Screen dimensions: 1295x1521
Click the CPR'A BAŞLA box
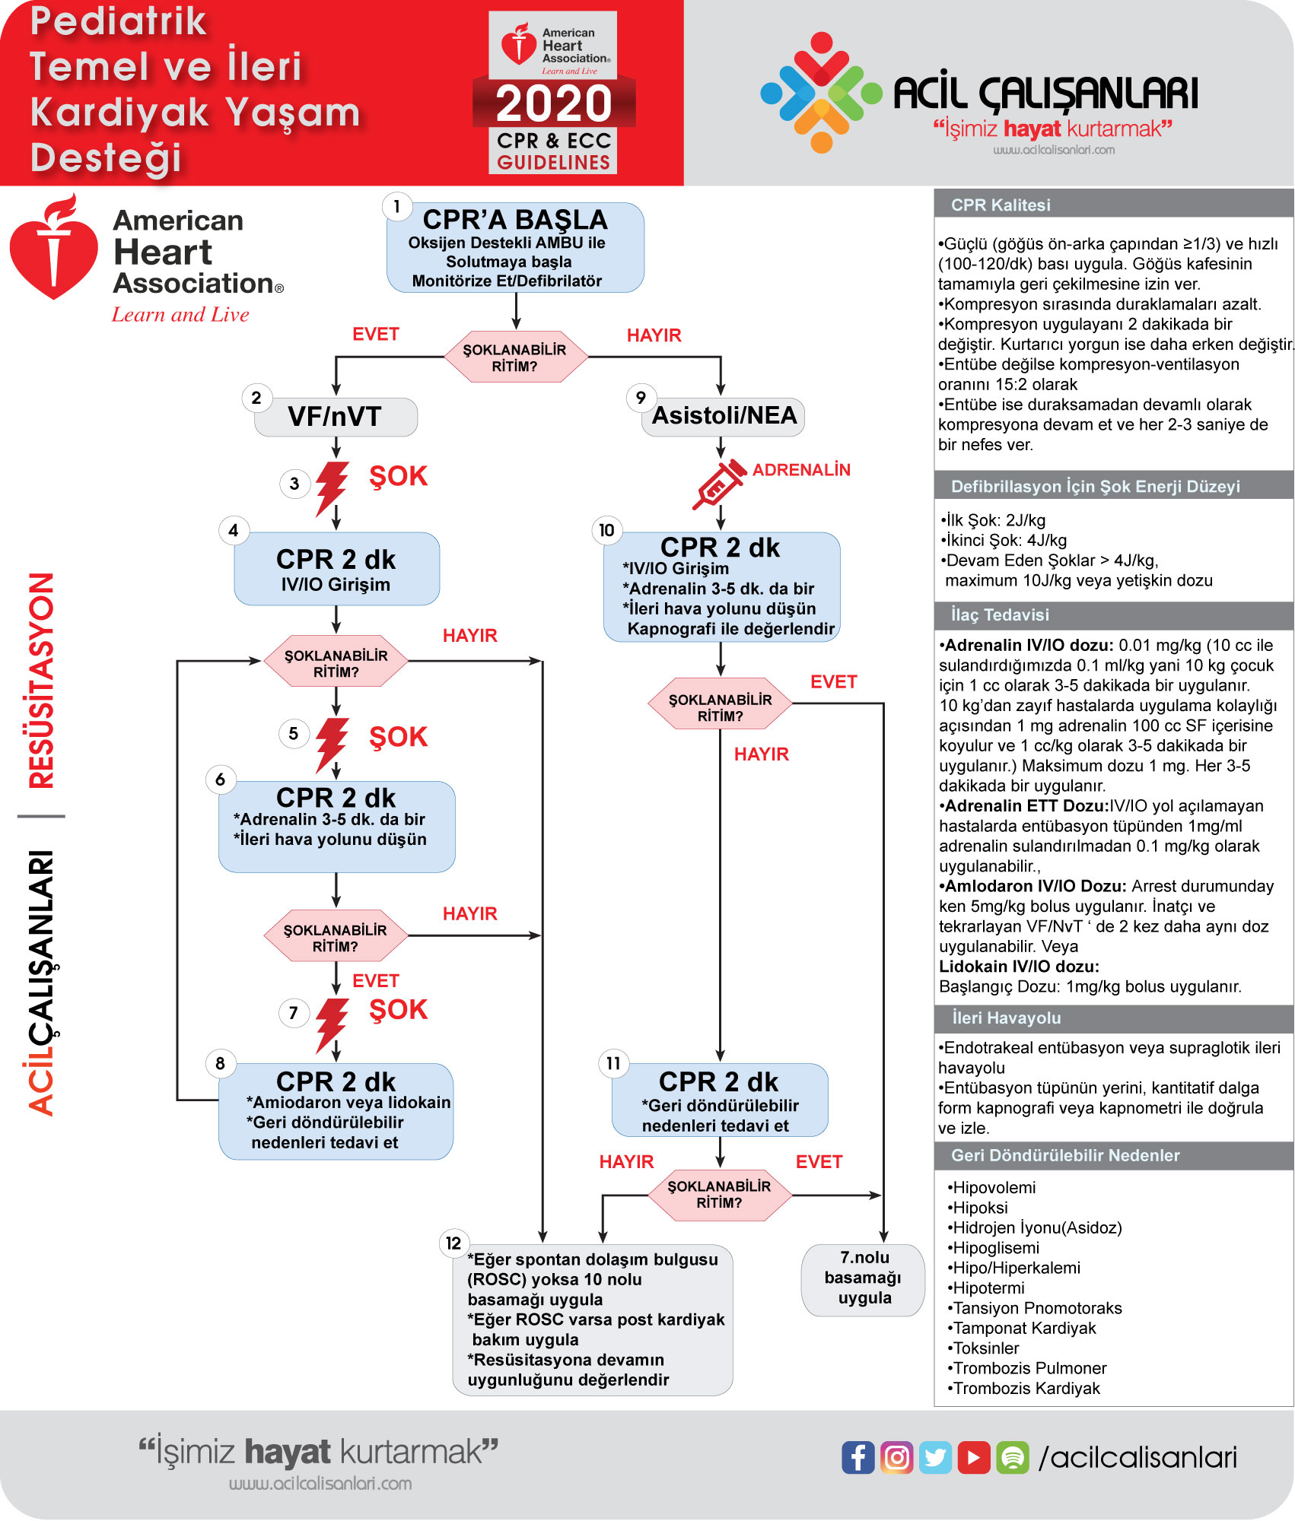tap(515, 247)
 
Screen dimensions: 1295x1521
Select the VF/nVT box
tap(336, 417)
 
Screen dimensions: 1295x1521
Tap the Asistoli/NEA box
tap(724, 417)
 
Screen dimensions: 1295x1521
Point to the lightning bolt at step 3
tap(332, 488)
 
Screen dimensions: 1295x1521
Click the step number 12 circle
tap(453, 1243)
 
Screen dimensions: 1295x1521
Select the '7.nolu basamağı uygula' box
tap(864, 1279)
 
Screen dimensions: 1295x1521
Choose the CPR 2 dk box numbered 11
tap(720, 1100)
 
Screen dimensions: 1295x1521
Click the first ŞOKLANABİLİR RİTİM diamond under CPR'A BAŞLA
tap(515, 357)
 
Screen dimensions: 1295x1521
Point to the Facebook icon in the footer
tap(857, 1457)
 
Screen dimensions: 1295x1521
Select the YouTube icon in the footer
tap(974, 1457)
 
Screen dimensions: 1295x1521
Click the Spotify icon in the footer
tap(1013, 1457)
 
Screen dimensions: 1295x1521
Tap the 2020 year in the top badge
tap(554, 103)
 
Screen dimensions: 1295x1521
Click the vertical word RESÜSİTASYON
tap(42, 681)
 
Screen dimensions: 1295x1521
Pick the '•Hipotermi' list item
tap(985, 1288)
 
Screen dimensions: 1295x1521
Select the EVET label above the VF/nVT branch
tap(376, 335)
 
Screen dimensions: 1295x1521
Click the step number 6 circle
tap(221, 780)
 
